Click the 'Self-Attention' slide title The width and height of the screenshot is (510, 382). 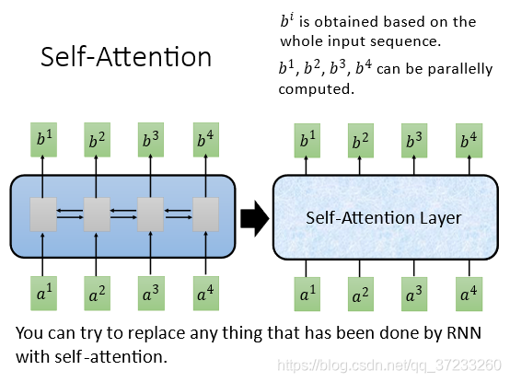(x=126, y=57)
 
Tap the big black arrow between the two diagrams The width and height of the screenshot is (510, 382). (x=255, y=218)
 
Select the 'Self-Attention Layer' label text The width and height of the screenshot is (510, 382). (x=384, y=218)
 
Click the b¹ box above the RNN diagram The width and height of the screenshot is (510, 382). (x=43, y=140)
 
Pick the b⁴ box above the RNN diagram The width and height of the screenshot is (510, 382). (x=206, y=140)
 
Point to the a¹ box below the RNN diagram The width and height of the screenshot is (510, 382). (x=43, y=294)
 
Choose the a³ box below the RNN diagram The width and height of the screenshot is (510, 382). (x=151, y=294)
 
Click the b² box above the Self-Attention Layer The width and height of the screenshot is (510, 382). (x=361, y=141)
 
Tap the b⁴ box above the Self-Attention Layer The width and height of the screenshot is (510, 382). (x=469, y=141)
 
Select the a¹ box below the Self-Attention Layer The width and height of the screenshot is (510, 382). (x=307, y=295)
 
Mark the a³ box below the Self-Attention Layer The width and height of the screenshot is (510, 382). (x=414, y=295)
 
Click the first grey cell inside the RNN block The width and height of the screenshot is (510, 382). (x=43, y=214)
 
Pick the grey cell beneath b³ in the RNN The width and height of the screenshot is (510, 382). (x=150, y=214)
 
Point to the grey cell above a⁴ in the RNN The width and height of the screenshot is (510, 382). (x=205, y=214)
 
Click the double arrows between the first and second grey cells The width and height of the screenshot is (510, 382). (x=70, y=214)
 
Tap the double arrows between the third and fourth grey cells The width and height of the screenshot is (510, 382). (x=179, y=214)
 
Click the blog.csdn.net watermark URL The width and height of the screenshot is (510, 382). (x=389, y=365)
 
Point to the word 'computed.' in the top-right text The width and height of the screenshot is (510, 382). (x=316, y=89)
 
